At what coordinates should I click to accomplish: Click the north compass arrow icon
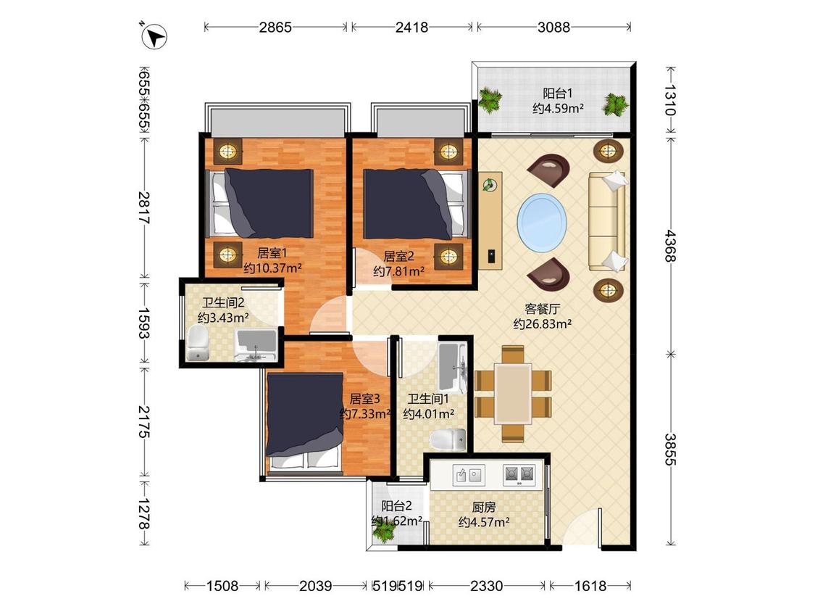tap(154, 36)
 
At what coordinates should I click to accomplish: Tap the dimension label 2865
tap(275, 27)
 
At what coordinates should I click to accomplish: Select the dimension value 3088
tap(553, 27)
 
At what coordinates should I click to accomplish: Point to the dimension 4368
tap(670, 246)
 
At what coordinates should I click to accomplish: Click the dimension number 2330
tap(487, 586)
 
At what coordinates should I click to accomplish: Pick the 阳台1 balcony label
tap(558, 93)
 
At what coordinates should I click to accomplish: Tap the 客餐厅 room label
tap(542, 309)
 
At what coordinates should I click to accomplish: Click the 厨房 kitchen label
tap(483, 506)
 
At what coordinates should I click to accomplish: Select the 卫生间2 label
tap(223, 302)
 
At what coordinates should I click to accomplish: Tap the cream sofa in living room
tap(607, 222)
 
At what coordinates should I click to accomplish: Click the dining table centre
tap(513, 394)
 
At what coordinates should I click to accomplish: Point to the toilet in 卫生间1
tap(448, 439)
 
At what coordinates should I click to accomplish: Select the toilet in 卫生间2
tap(198, 344)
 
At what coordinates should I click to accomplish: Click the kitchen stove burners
tap(519, 475)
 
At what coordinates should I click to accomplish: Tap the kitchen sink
tap(469, 475)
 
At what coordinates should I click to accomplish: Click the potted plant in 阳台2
tap(385, 531)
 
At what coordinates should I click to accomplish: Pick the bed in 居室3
tap(304, 422)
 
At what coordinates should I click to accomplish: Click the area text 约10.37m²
tap(273, 268)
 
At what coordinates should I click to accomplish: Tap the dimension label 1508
tap(222, 586)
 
